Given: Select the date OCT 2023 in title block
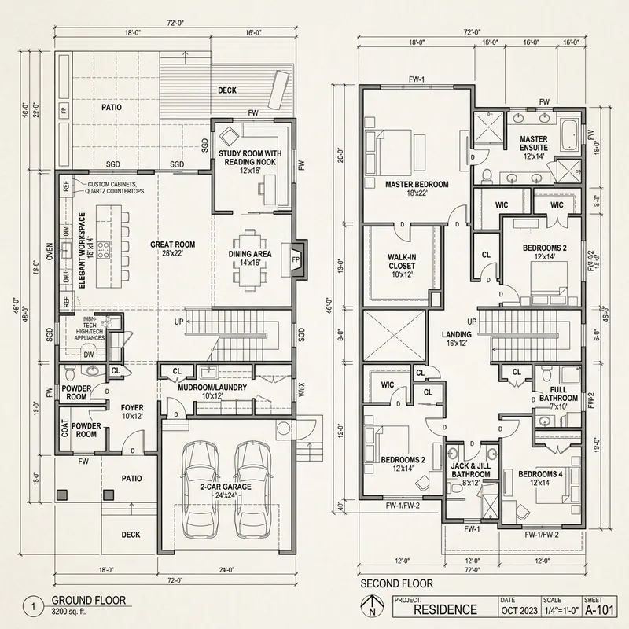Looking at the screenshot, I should (519, 609).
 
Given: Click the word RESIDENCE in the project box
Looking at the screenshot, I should (445, 609).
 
